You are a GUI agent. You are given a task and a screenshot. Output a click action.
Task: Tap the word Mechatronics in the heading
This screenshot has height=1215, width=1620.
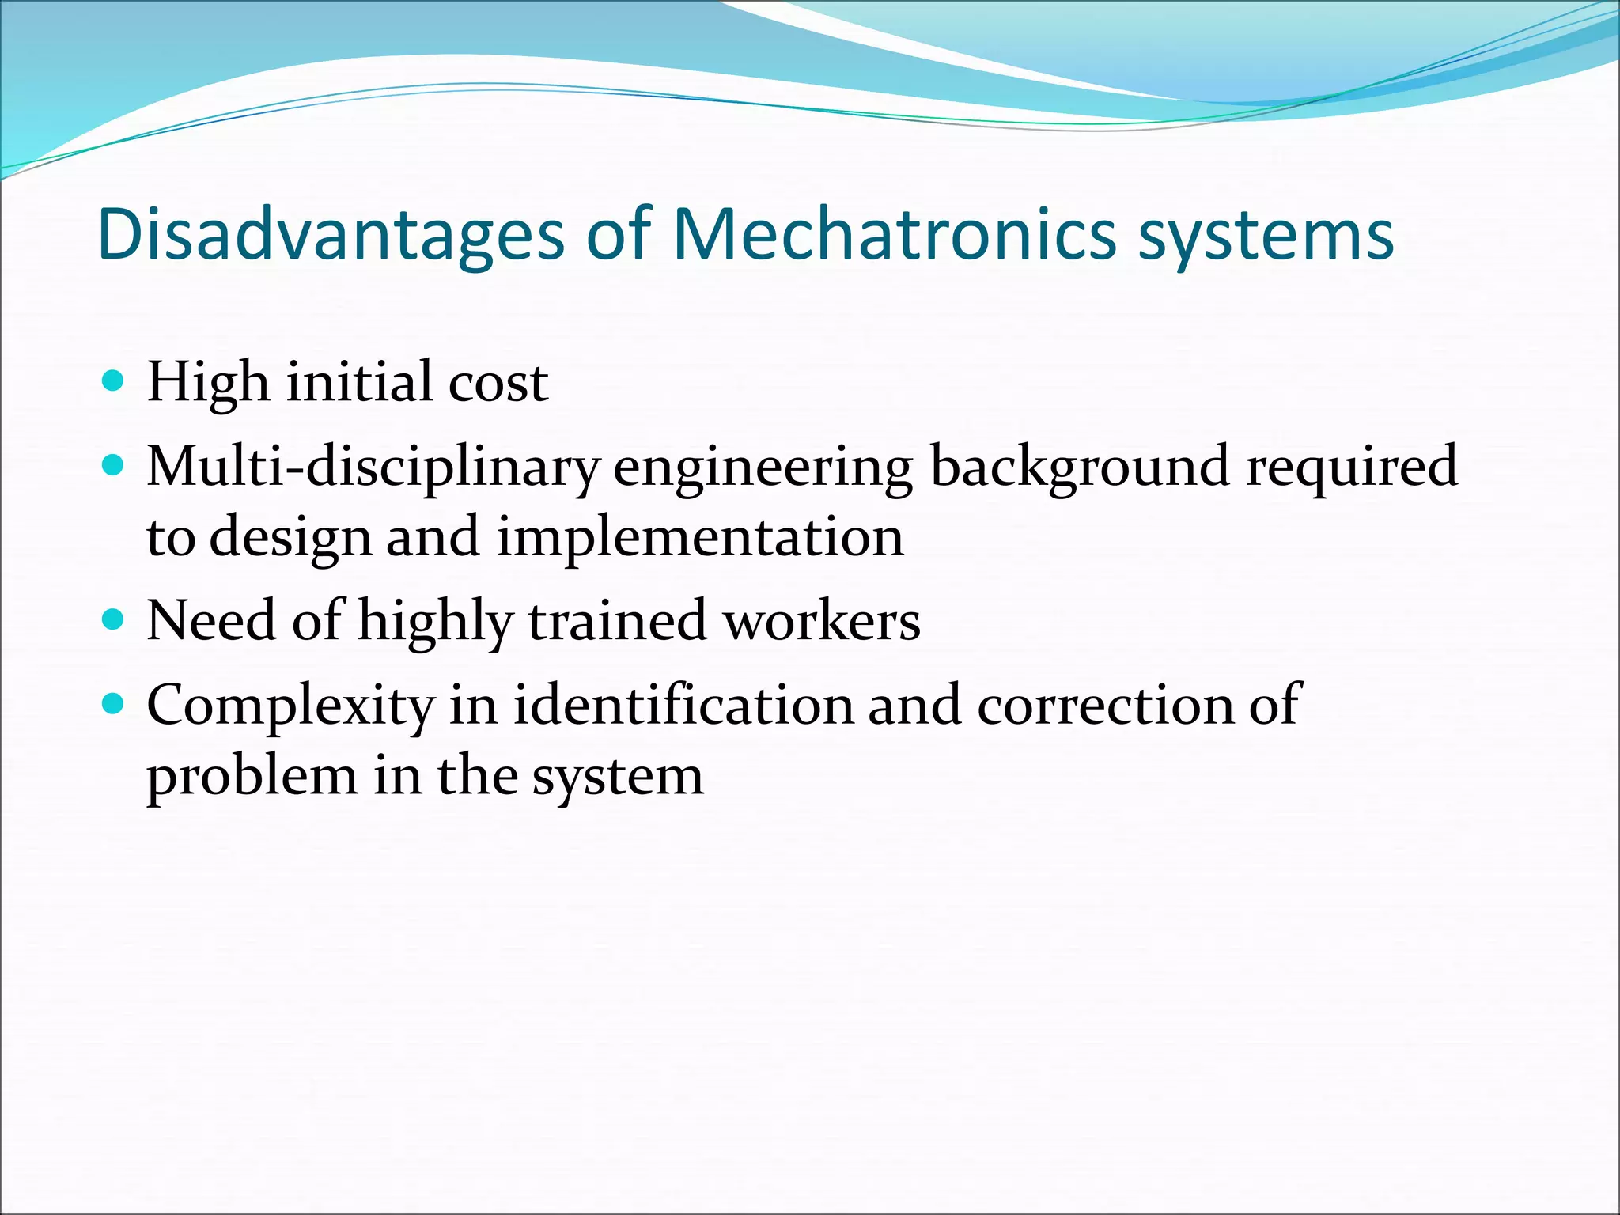[x=895, y=235]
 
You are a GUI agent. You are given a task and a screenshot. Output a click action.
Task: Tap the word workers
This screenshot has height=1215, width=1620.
[x=823, y=621]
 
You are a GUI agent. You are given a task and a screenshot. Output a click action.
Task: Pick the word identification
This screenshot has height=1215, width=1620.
[x=683, y=704]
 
